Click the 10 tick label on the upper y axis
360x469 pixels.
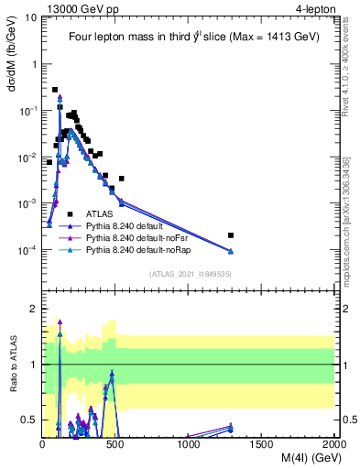click(30, 16)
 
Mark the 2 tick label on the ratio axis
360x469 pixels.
click(33, 309)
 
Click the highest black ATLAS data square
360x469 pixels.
click(55, 90)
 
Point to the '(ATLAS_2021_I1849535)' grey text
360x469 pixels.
click(189, 273)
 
